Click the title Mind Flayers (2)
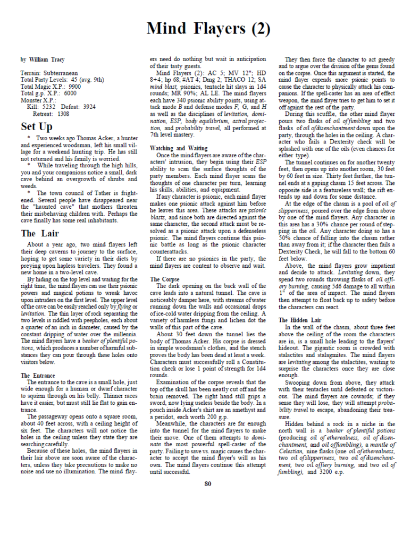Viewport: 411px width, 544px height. (x=208, y=29)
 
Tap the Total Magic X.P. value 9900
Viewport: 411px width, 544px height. (x=75, y=86)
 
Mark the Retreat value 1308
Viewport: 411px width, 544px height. (x=63, y=113)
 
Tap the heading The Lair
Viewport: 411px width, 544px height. (x=40, y=233)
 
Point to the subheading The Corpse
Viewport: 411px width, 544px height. (x=164, y=279)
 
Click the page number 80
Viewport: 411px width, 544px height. (x=207, y=484)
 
